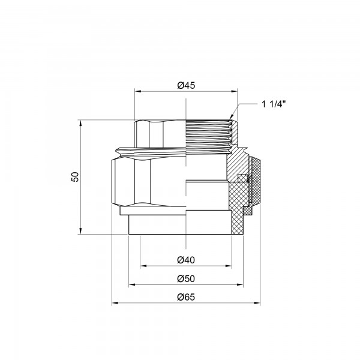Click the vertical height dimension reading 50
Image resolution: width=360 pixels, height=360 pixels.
point(75,177)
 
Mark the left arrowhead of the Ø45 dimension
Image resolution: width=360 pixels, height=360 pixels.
point(136,91)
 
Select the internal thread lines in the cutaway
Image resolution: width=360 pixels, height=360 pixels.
point(207,135)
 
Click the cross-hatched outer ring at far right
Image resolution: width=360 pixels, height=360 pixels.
point(255,180)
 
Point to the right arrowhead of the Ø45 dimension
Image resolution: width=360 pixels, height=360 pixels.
point(236,91)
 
